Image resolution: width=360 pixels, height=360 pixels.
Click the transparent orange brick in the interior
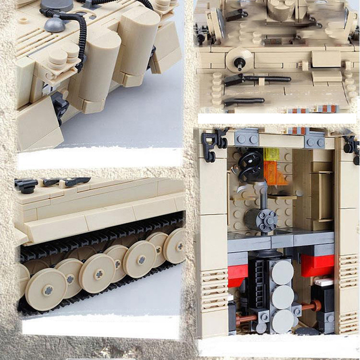[274, 173]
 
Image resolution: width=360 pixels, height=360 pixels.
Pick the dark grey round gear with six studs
[267, 219]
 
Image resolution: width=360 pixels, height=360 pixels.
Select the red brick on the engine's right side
[317, 265]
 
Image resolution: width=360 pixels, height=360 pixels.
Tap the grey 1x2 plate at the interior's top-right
[315, 141]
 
